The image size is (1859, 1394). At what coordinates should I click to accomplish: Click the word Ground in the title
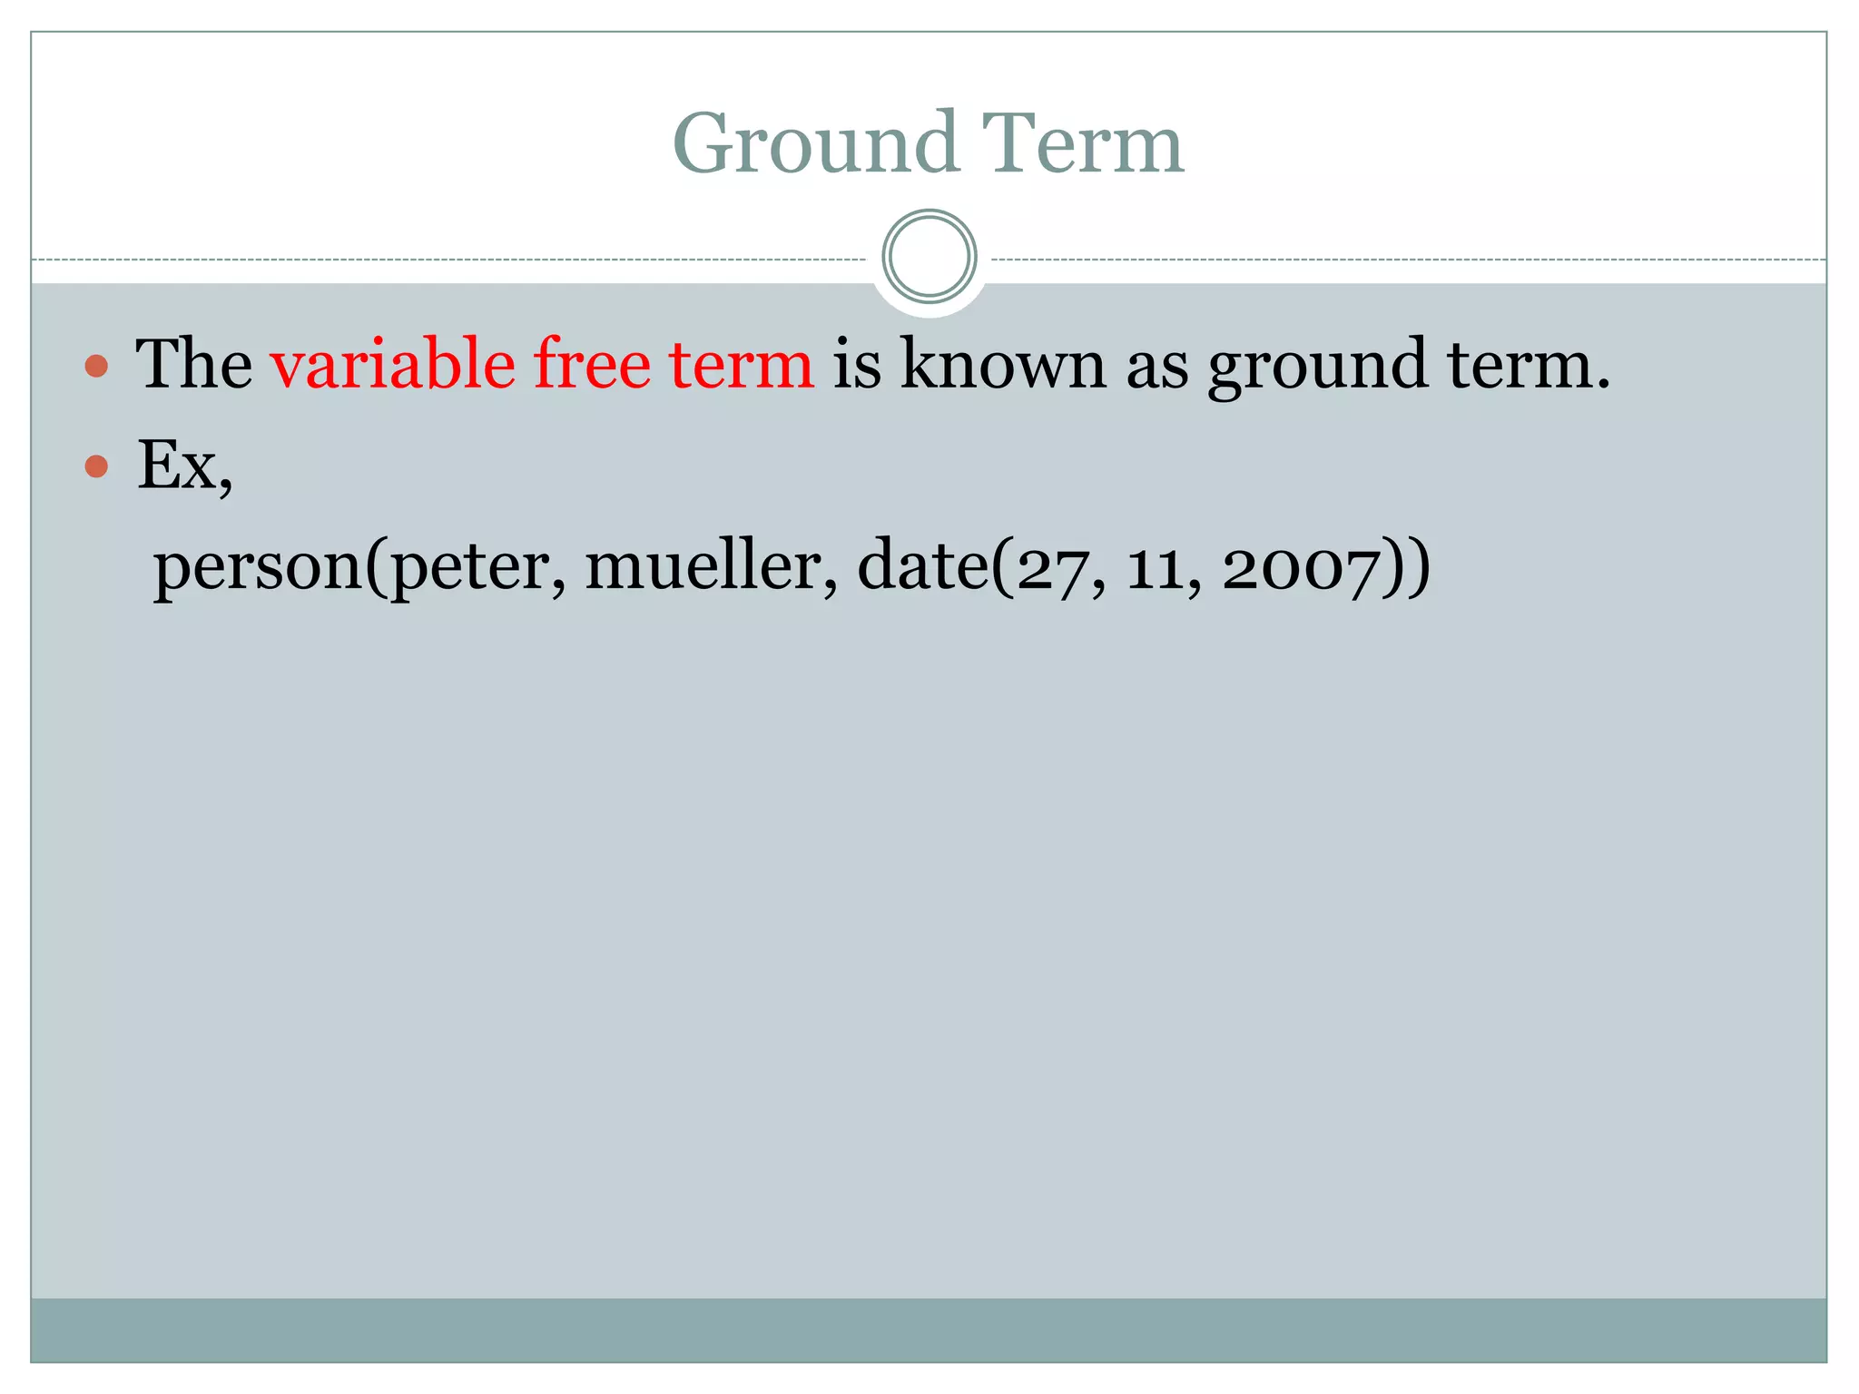click(x=815, y=143)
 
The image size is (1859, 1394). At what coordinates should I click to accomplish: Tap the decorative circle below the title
click(x=929, y=257)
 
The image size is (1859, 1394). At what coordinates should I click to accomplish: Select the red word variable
click(x=393, y=364)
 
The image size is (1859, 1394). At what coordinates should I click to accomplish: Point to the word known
click(x=1003, y=364)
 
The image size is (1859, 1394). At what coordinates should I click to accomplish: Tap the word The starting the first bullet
click(x=193, y=364)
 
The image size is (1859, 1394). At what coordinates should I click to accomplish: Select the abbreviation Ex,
click(x=184, y=466)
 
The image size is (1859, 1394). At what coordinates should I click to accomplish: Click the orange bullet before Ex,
click(x=96, y=466)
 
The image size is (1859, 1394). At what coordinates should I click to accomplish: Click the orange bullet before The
click(x=96, y=367)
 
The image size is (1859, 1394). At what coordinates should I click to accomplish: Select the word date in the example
click(x=922, y=565)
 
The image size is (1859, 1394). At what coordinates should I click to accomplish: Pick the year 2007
click(x=1300, y=569)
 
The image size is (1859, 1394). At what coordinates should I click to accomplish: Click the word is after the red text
click(x=856, y=364)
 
